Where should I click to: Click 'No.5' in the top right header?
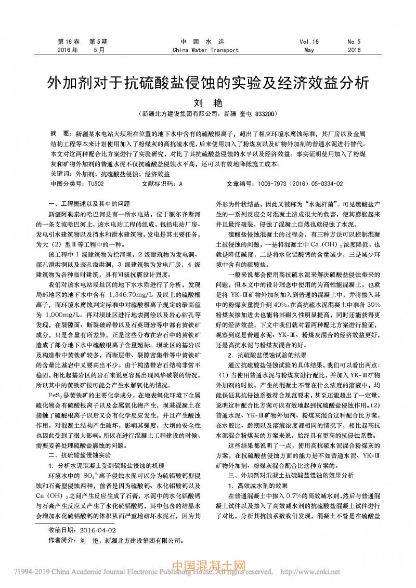pyautogui.click(x=354, y=42)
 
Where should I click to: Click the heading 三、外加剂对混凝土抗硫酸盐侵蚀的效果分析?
pyautogui.click(x=291, y=475)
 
